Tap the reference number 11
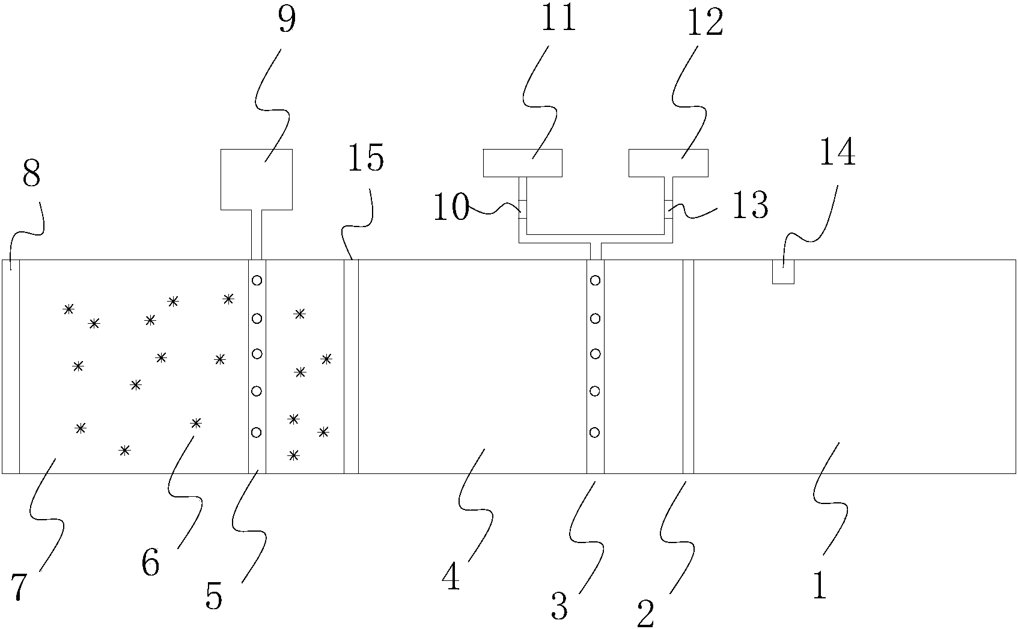pyautogui.click(x=558, y=18)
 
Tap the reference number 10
pyautogui.click(x=450, y=208)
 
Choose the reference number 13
pyautogui.click(x=749, y=206)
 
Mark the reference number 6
pyautogui.click(x=150, y=563)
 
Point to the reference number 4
pyautogui.click(x=451, y=577)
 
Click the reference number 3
pyautogui.click(x=559, y=607)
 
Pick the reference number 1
pyautogui.click(x=820, y=585)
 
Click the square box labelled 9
pyautogui.click(x=257, y=179)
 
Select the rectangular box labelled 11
pyautogui.click(x=523, y=163)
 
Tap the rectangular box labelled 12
pyautogui.click(x=668, y=163)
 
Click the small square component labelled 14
pyautogui.click(x=783, y=272)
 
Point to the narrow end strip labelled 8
pyautogui.click(x=11, y=366)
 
